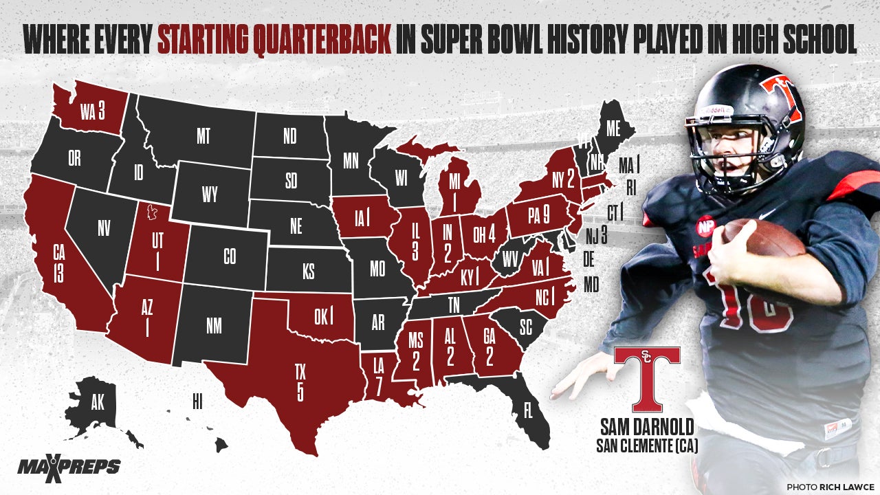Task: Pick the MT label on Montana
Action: [203, 135]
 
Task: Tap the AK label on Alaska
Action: [97, 404]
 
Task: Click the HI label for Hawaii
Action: [197, 398]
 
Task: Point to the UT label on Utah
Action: [158, 250]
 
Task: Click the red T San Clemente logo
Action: [646, 378]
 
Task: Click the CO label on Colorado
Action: [230, 256]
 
